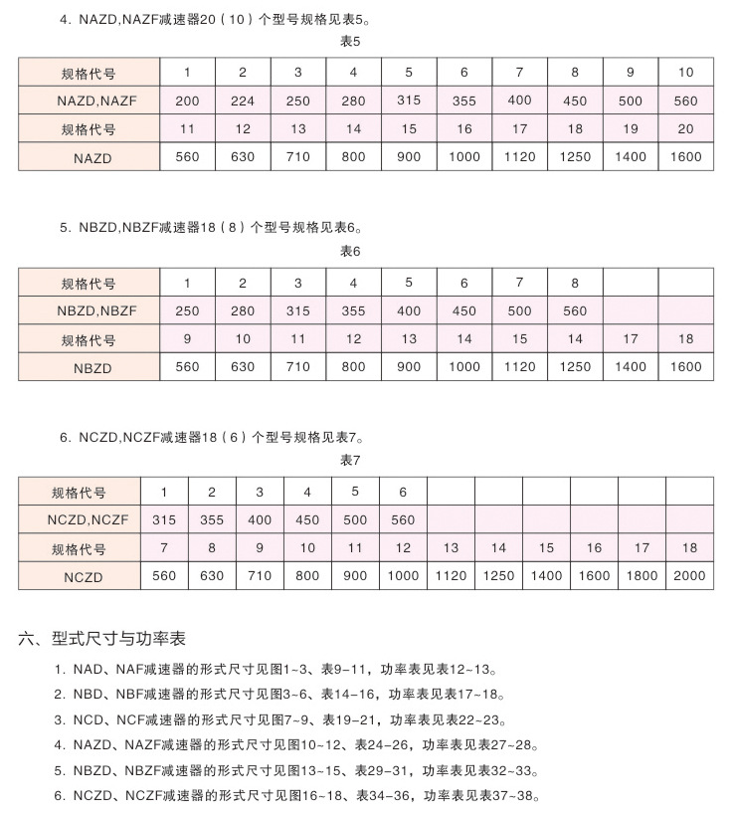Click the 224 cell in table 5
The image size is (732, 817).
[x=243, y=101]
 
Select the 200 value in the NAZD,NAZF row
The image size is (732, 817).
[x=187, y=101]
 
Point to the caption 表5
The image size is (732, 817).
[x=350, y=42]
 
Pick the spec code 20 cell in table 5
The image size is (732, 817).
[x=686, y=128]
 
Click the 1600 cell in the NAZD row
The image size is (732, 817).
[x=686, y=156]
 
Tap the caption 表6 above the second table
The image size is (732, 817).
[x=350, y=252]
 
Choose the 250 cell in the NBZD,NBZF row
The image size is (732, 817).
[x=187, y=310]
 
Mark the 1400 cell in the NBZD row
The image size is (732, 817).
[x=631, y=366]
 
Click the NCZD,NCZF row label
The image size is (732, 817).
[x=79, y=519]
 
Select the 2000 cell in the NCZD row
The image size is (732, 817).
[x=689, y=575]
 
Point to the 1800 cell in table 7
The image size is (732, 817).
[x=641, y=575]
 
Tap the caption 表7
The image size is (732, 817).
[x=350, y=461]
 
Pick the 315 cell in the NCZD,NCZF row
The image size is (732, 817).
[x=164, y=519]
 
